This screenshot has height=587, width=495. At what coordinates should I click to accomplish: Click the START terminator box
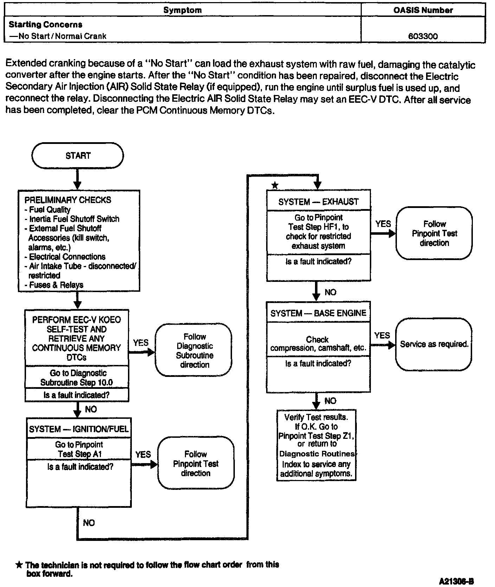[x=78, y=156]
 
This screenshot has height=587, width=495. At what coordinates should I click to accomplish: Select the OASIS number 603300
[x=423, y=36]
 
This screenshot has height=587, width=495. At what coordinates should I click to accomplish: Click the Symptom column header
[x=182, y=10]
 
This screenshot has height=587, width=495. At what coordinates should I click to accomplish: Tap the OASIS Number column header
[x=423, y=10]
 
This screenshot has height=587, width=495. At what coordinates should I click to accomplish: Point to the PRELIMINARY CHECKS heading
[x=67, y=200]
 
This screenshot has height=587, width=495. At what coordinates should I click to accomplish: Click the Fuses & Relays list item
[x=56, y=285]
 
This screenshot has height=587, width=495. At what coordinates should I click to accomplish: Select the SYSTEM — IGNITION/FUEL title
[x=79, y=429]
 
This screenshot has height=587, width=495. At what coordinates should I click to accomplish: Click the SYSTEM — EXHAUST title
[x=319, y=202]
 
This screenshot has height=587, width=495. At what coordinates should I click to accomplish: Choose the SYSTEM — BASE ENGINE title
[x=318, y=313]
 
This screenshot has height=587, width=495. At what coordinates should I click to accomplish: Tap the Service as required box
[x=434, y=344]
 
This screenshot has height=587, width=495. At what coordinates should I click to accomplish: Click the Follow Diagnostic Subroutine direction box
[x=194, y=351]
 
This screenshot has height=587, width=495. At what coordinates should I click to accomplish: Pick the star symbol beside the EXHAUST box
[x=275, y=185]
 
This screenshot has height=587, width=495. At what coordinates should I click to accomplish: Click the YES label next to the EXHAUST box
[x=383, y=224]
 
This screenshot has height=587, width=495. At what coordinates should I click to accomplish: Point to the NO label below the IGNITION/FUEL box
[x=89, y=523]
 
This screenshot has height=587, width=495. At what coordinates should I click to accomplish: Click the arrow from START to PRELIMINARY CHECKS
[x=78, y=179]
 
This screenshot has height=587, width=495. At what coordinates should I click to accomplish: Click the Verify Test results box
[x=316, y=445]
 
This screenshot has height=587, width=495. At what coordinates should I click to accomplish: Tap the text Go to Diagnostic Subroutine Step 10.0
[x=77, y=378]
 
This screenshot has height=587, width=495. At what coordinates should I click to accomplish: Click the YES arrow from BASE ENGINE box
[x=383, y=345]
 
